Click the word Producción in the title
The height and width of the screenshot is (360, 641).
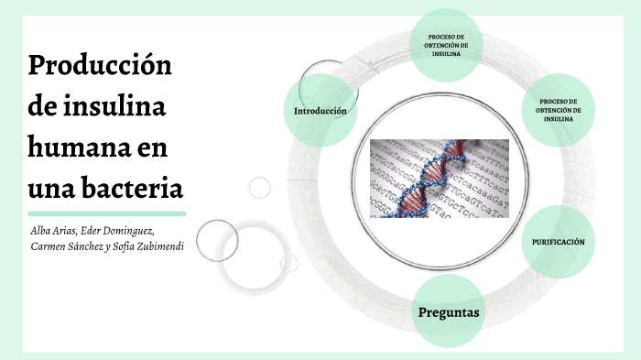[101, 68]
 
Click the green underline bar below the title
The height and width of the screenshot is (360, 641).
[106, 213]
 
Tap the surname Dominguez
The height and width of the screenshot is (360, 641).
[145, 229]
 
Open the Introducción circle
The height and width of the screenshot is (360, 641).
[320, 111]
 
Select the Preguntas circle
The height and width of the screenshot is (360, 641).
[449, 312]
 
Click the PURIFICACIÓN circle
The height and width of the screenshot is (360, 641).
[558, 242]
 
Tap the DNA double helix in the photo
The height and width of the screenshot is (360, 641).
[430, 179]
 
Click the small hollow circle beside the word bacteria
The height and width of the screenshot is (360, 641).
[260, 188]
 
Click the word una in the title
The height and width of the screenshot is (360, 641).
[50, 189]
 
